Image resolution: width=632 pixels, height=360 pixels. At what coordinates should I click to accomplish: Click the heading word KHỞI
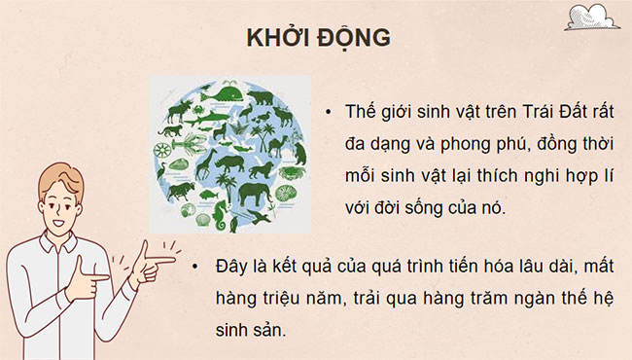[274, 38]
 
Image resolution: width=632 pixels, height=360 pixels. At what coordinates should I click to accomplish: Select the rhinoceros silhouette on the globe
[230, 162]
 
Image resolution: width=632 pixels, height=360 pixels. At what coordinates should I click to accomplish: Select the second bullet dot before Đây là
[197, 265]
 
